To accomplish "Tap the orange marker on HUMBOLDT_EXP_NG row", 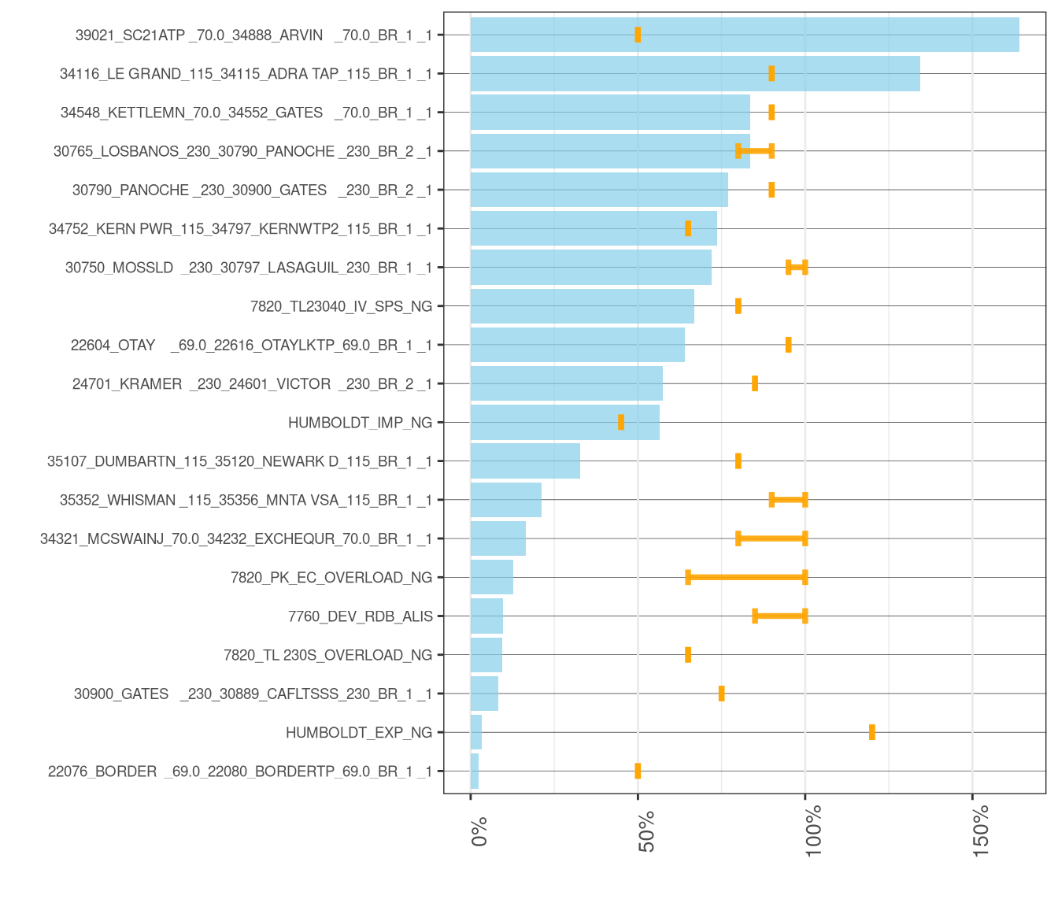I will coord(871,732).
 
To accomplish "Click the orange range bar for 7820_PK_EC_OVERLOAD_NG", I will coord(746,577).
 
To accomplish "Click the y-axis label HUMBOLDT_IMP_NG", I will coord(360,423).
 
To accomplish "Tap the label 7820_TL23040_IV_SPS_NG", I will coord(341,306).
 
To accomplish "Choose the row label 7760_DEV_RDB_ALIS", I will coord(360,616).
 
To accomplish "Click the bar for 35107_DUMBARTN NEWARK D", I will coord(525,461).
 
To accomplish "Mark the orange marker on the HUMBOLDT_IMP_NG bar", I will coord(621,423).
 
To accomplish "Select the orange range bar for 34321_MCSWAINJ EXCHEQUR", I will coord(771,538).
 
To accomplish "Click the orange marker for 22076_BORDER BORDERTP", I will coord(638,771).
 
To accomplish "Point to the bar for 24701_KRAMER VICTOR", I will coord(566,383).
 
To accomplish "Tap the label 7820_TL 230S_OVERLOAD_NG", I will coord(327,655).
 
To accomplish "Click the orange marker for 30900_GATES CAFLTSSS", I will coord(721,694).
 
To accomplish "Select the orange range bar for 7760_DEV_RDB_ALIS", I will coord(779,616).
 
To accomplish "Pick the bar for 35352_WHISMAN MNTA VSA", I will coord(505,500).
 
